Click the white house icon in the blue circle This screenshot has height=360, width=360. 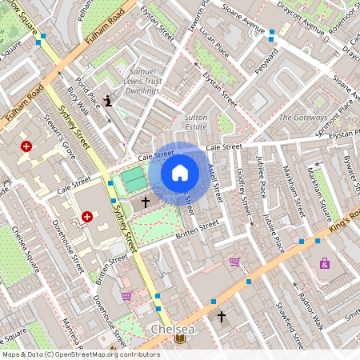click(180, 173)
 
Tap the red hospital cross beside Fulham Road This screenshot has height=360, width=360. click(26, 146)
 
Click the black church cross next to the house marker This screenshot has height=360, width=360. click(145, 202)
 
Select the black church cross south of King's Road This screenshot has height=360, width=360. click(222, 317)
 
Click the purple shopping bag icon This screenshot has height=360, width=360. click(324, 262)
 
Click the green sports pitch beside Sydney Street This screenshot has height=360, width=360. click(132, 178)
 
